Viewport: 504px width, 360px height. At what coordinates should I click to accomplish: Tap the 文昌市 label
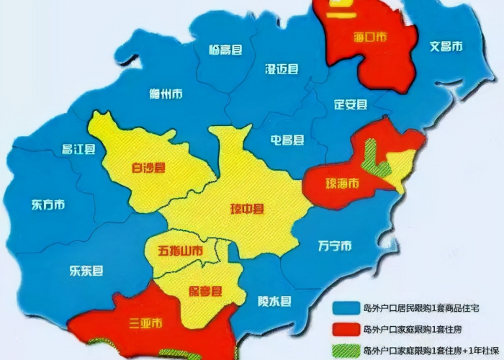446,47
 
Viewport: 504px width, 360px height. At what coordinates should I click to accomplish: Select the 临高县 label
225,50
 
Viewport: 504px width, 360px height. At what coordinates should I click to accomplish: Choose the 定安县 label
351,104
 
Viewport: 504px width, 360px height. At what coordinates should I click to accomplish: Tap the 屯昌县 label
287,139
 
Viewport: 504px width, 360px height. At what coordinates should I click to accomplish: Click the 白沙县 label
148,169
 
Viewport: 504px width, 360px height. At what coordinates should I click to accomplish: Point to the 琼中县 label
247,210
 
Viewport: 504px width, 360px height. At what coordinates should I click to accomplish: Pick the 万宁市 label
335,246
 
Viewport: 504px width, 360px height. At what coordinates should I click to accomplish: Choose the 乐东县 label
86,271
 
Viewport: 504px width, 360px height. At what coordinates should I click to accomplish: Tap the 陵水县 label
274,301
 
